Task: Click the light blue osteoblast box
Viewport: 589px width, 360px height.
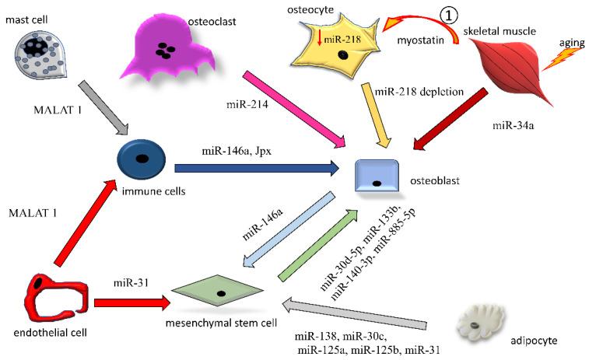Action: (378, 177)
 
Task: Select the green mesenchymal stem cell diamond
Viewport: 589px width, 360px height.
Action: (221, 293)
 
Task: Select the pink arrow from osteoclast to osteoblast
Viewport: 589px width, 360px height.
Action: (294, 110)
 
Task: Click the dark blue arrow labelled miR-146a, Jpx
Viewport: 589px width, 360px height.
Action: (258, 166)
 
